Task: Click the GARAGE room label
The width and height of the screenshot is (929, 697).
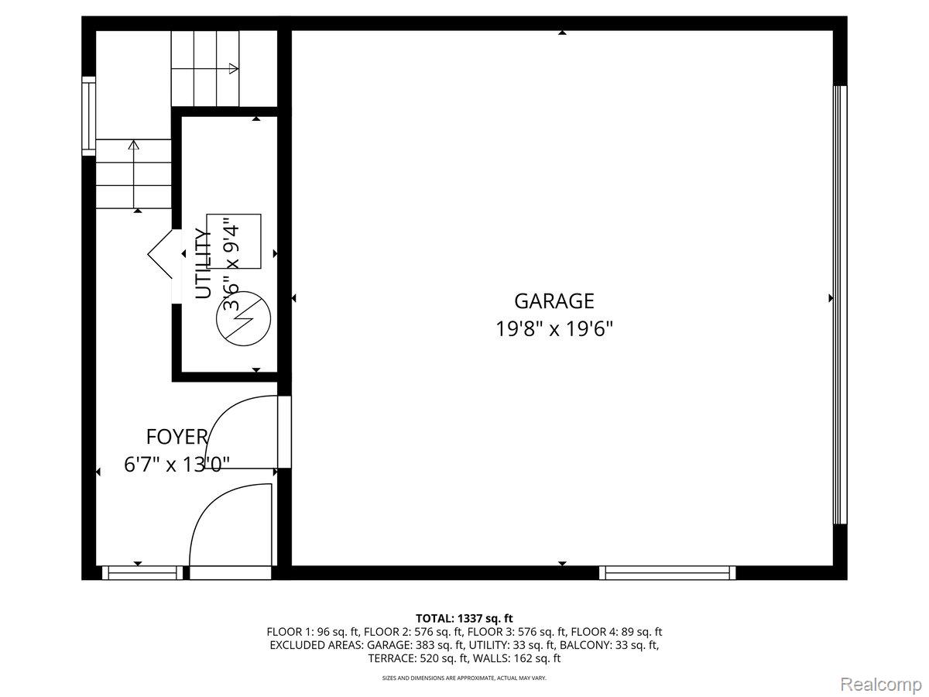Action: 554,300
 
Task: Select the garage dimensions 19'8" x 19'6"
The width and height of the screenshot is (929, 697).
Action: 554,329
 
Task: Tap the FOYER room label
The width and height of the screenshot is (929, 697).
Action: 177,437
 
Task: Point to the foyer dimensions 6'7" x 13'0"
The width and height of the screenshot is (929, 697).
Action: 177,465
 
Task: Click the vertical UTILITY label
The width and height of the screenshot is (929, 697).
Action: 203,263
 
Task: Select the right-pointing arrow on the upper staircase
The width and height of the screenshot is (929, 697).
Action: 232,69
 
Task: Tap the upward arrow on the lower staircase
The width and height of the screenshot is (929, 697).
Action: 134,145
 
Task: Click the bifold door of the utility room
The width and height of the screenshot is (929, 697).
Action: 161,254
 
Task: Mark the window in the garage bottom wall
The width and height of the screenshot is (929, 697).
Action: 667,573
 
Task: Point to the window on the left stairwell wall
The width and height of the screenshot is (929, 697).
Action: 89,116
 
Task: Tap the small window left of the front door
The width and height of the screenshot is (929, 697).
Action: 142,573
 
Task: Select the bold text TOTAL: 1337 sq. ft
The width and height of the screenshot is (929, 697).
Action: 464,618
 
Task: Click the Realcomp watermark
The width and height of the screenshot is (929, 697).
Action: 880,684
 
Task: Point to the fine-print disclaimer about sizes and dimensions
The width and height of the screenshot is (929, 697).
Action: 464,678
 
